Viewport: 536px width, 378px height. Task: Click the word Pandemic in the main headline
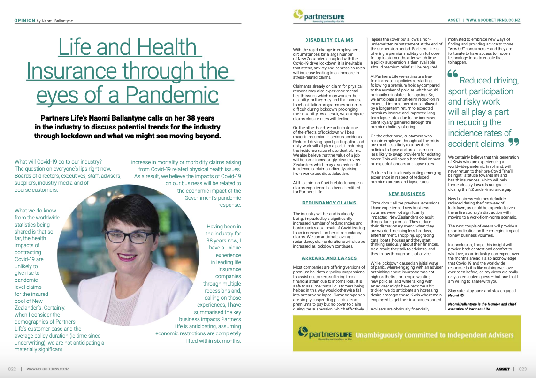[x=182, y=95]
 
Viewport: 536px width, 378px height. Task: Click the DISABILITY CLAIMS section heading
[x=329, y=40]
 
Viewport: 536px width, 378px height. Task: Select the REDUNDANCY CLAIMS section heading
[x=329, y=203]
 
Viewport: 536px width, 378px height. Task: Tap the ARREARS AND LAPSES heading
[x=329, y=258]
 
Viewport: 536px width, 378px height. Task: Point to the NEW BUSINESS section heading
[x=406, y=194]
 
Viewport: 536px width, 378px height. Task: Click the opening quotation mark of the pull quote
[x=453, y=75]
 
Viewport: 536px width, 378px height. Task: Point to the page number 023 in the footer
[x=523, y=369]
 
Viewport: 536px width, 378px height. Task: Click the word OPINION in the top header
[x=24, y=21]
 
